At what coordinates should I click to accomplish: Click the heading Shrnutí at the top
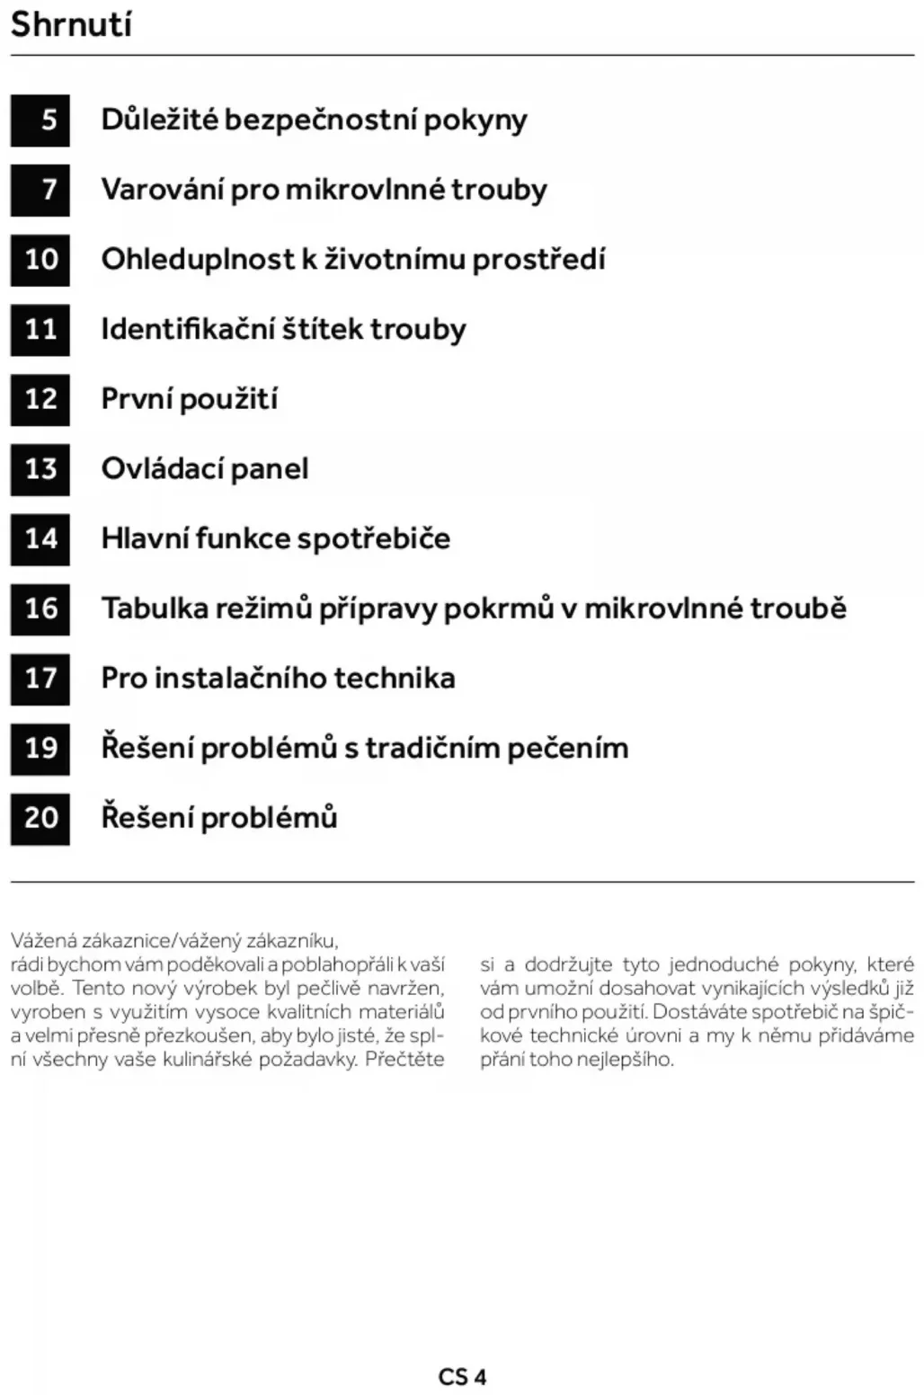point(71,24)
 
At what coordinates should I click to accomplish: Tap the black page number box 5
point(40,120)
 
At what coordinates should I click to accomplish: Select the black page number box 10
point(40,260)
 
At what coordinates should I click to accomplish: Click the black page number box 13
point(40,469)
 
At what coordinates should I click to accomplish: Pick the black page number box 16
point(40,609)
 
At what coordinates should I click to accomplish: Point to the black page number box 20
point(40,818)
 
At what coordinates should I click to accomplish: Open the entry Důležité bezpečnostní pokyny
point(314,120)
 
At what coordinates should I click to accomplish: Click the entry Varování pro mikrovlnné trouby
point(324,190)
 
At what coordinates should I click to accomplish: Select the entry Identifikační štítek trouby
point(283,329)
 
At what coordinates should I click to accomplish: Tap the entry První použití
point(189,399)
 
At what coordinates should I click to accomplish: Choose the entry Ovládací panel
point(205,469)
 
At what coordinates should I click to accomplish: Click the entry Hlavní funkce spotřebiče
point(275,539)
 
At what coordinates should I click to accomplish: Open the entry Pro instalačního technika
point(278,679)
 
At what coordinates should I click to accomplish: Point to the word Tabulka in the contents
point(144,609)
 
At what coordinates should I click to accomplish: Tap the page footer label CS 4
point(462,1376)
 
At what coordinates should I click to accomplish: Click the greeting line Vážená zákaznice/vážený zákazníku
point(174,941)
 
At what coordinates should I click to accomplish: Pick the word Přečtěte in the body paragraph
point(404,1059)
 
